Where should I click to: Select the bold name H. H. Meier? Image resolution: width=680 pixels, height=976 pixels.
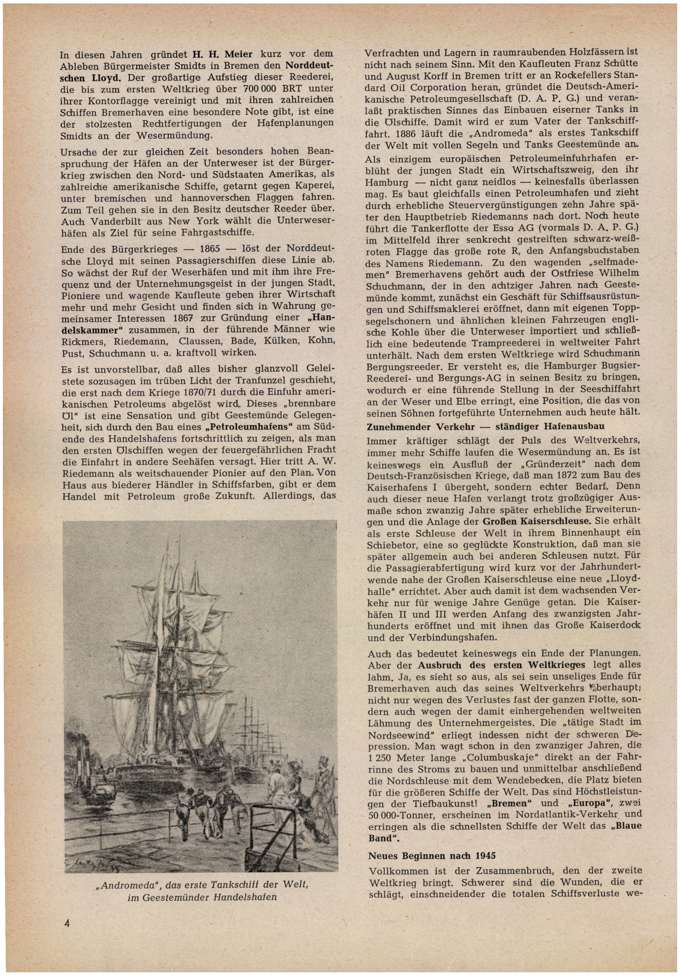click(x=223, y=55)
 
